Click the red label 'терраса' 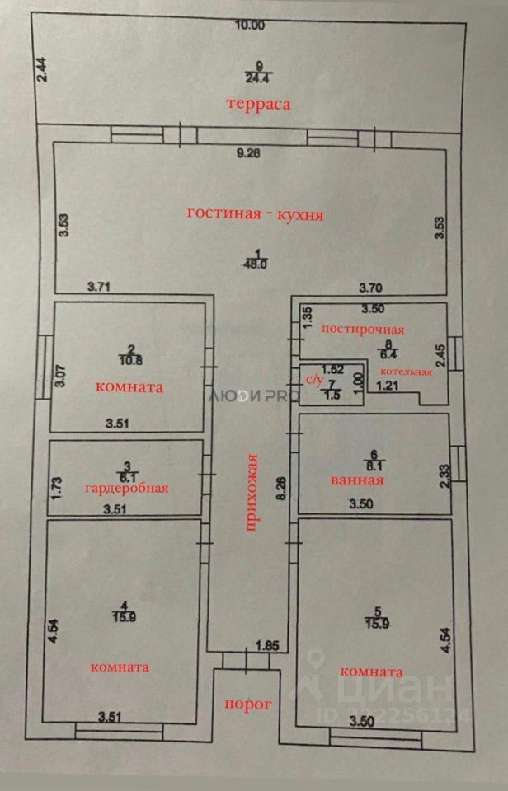[261, 105]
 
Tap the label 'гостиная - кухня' [255, 214]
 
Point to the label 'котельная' [411, 372]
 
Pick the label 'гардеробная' [127, 488]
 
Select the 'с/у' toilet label [315, 380]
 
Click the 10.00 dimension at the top [249, 25]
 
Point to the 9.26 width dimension [248, 152]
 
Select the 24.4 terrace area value [258, 78]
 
